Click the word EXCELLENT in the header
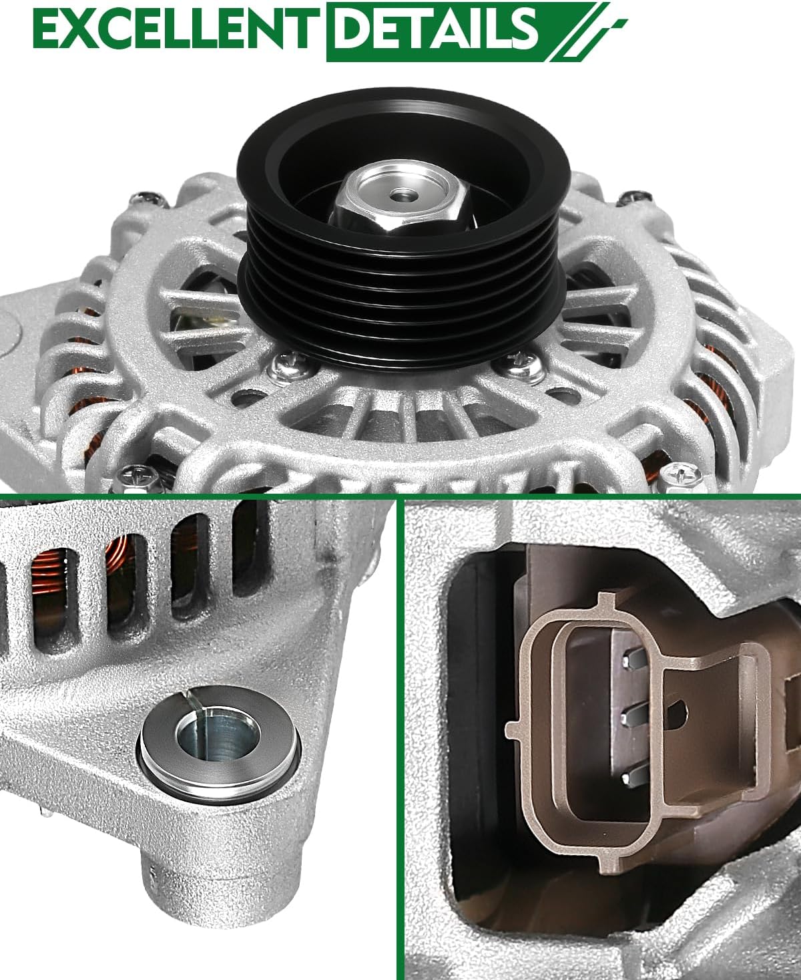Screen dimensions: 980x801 (172, 30)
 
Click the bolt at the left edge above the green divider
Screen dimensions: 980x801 (136, 477)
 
